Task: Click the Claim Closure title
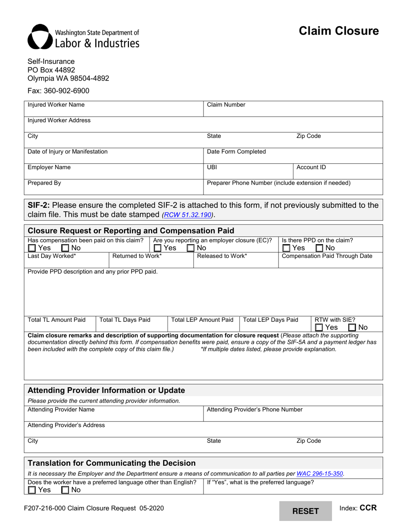tap(338, 31)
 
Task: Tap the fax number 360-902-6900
tap(59, 91)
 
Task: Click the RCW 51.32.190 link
tap(187, 215)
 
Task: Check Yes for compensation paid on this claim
tap(32, 248)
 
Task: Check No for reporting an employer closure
tap(191, 248)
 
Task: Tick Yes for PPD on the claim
tap(287, 248)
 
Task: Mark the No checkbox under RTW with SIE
tap(352, 327)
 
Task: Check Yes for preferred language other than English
tap(32, 490)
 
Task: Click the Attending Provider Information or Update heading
tap(106, 390)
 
